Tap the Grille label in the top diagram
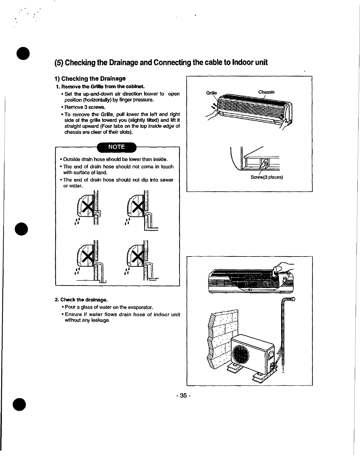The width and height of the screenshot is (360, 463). coord(211,93)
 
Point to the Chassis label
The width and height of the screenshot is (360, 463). coord(266,92)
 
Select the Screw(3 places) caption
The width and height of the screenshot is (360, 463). coord(266,177)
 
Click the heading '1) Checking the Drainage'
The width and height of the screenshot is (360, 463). coord(90,79)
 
